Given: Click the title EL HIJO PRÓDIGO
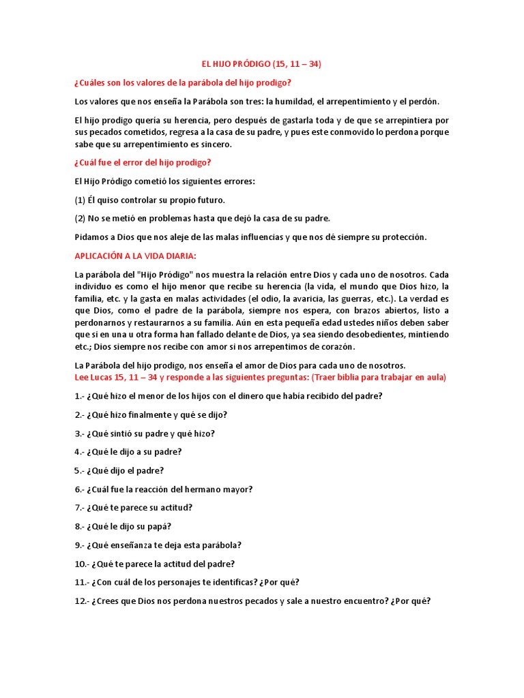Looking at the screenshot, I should (261, 64).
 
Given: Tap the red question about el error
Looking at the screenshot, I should (143, 162).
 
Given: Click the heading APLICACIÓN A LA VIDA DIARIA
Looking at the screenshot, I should (135, 256).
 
